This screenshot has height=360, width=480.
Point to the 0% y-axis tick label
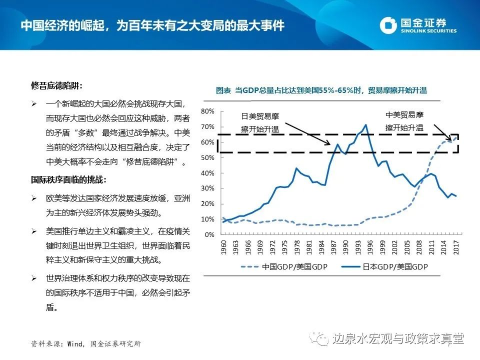click(210, 234)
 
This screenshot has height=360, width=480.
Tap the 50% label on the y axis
click(208, 157)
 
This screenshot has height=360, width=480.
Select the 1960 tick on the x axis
click(223, 246)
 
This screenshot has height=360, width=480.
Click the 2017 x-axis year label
click(456, 246)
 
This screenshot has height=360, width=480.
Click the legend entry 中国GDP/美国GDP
click(289, 267)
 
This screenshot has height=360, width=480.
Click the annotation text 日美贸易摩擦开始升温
click(260, 123)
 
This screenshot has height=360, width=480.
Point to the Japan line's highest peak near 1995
click(365, 124)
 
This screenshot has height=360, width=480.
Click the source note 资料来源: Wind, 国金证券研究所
click(85, 344)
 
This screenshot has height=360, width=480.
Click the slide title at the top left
click(152, 25)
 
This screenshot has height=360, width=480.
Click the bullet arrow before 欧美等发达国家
click(34, 198)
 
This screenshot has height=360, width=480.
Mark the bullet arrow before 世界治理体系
click(34, 277)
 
